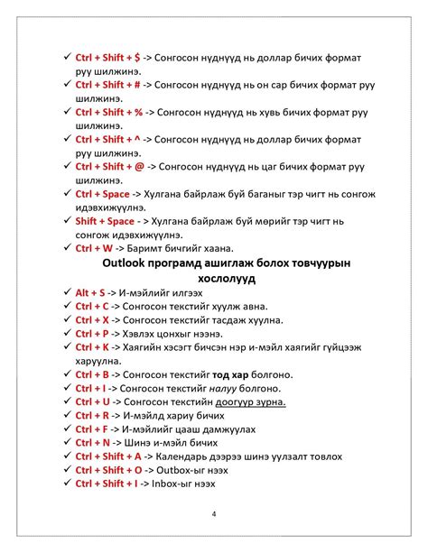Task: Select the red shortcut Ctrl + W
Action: click(94, 248)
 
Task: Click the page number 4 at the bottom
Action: click(213, 514)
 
